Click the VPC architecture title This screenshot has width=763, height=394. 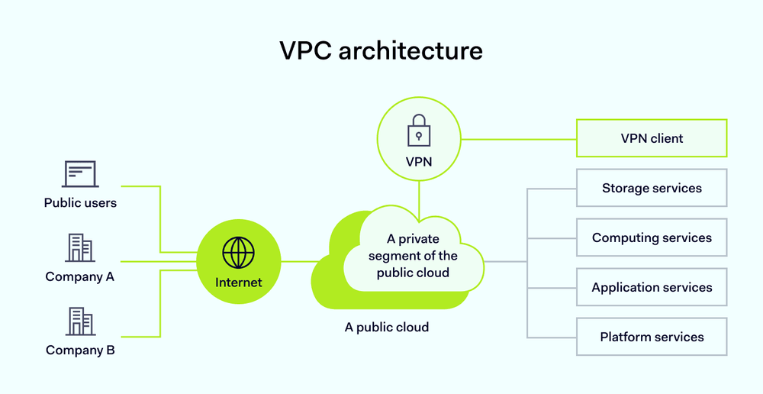(x=381, y=50)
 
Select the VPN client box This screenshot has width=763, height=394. (x=652, y=138)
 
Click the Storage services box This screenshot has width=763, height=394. (x=652, y=188)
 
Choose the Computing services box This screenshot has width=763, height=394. (x=652, y=237)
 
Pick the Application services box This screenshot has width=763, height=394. (x=652, y=287)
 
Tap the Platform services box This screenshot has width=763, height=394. (x=652, y=337)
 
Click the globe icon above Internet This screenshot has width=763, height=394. (x=238, y=252)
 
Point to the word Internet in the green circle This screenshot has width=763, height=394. (x=238, y=282)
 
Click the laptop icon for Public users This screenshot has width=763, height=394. (x=80, y=175)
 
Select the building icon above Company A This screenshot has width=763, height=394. (x=80, y=248)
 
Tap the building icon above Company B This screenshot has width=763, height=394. (x=80, y=321)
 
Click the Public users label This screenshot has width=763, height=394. (x=80, y=203)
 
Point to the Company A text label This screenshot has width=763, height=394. (x=80, y=276)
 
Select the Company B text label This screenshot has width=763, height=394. (x=80, y=350)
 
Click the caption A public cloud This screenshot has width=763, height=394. (x=387, y=327)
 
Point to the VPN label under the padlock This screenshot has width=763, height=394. (x=418, y=162)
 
